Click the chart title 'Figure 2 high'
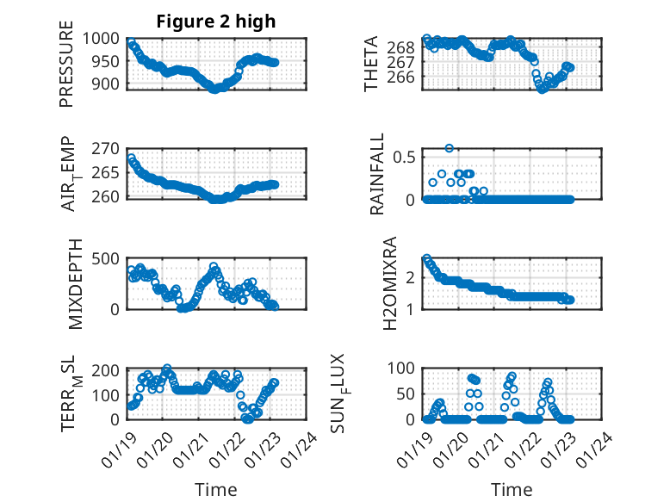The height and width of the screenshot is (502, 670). (216, 22)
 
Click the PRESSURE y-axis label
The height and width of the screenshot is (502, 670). (66, 70)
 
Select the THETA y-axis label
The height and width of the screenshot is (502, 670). (371, 64)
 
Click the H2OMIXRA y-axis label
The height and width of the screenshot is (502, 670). (389, 283)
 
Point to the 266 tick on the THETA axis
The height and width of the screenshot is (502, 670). (405, 77)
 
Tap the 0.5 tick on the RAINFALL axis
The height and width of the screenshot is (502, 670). (405, 157)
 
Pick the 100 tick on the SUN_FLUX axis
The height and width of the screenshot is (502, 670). (405, 369)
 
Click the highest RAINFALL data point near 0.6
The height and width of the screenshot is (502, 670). (449, 148)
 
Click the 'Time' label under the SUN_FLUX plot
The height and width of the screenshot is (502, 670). (512, 489)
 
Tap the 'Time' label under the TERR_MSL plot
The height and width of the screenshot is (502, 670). (215, 489)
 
